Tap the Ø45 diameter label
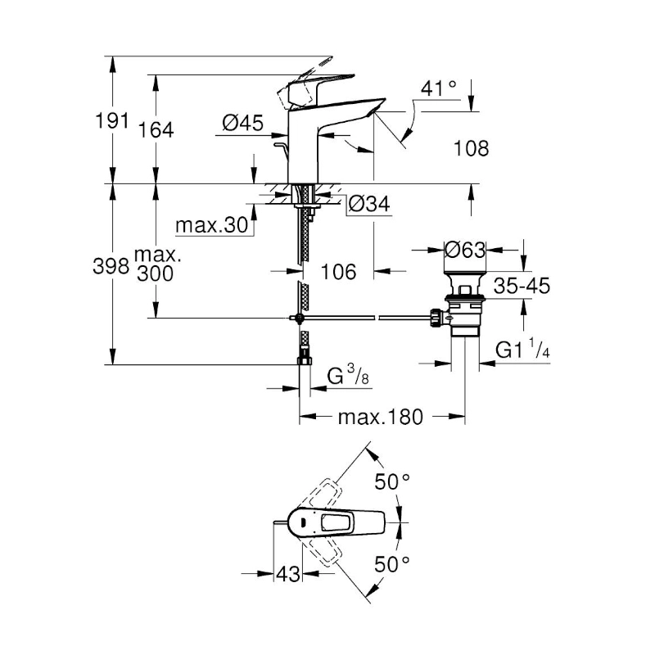pyautogui.click(x=242, y=123)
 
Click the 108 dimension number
pyautogui.click(x=471, y=148)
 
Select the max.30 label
pyautogui.click(x=211, y=225)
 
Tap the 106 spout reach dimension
pyautogui.click(x=338, y=271)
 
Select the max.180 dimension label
pyautogui.click(x=380, y=418)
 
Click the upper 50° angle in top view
pyautogui.click(x=392, y=481)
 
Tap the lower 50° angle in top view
pyautogui.click(x=392, y=563)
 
